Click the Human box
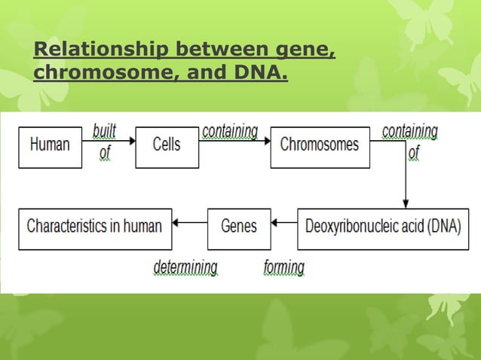point(51,145)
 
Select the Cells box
point(167,145)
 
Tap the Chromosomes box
point(320,145)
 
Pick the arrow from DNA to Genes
point(284,223)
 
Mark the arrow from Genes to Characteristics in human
point(190,223)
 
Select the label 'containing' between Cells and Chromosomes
point(230,131)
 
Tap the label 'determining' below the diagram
point(185,267)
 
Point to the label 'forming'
point(284,267)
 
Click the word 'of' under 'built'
point(105,153)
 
